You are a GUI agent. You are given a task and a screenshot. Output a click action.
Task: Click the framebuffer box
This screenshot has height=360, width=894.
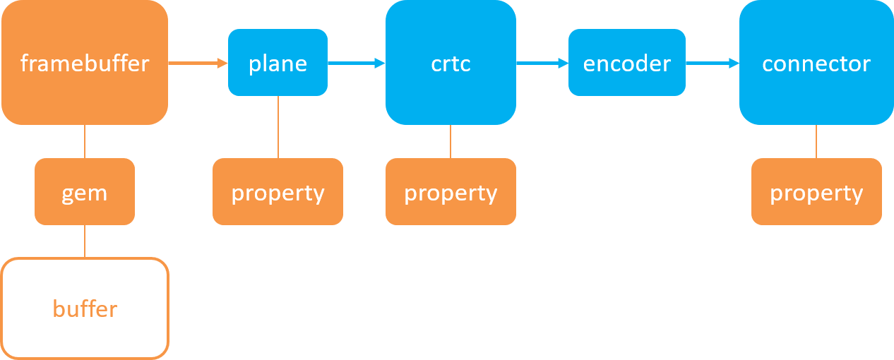click(x=84, y=64)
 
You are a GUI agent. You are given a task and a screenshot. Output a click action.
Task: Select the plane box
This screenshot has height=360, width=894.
click(x=278, y=63)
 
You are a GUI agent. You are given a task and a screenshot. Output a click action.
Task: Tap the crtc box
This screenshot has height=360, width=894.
click(x=451, y=63)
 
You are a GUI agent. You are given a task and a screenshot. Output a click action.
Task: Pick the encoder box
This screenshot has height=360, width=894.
click(x=626, y=63)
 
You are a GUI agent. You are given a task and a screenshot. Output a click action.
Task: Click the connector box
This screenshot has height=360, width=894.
click(x=816, y=63)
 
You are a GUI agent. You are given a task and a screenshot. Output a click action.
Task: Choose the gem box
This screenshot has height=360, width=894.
click(x=84, y=192)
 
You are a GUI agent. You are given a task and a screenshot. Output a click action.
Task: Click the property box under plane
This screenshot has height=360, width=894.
click(x=278, y=192)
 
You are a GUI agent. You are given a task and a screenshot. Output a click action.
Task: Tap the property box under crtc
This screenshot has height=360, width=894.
click(x=451, y=192)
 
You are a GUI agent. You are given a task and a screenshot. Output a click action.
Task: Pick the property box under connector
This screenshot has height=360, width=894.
click(x=816, y=192)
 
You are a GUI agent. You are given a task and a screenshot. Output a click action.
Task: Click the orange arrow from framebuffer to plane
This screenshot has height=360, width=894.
click(x=197, y=64)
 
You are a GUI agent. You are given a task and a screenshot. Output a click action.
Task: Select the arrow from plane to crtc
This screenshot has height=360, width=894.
click(x=356, y=64)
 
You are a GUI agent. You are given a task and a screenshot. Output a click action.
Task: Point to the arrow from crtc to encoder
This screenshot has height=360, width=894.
click(x=542, y=64)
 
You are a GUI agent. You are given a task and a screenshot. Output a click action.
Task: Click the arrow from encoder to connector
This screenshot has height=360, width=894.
click(x=712, y=64)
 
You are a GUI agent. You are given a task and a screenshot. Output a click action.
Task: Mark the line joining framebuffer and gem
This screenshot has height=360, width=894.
click(x=85, y=141)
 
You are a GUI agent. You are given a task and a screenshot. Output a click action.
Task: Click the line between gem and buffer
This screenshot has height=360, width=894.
click(x=85, y=241)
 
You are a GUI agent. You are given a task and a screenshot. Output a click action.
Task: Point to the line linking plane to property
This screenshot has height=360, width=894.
click(x=278, y=127)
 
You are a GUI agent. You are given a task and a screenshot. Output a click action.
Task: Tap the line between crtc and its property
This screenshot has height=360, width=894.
click(x=451, y=141)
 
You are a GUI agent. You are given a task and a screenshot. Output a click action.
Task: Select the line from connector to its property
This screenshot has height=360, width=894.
click(x=816, y=141)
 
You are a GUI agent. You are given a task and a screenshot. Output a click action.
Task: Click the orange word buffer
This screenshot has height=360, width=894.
click(x=84, y=309)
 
